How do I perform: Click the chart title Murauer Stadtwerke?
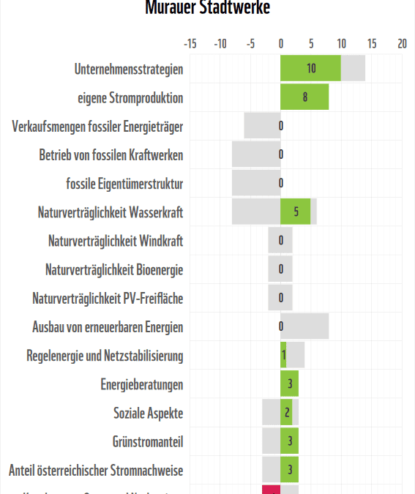[x=207, y=8]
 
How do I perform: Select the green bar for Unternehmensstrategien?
[x=310, y=69]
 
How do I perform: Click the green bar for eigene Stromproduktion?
[x=304, y=97]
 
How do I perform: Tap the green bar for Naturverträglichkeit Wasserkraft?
[x=295, y=212]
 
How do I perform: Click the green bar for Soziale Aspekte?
[x=286, y=413]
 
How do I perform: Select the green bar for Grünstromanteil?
[x=289, y=441]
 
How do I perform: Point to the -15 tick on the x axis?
[x=190, y=44]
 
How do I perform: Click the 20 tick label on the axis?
[x=402, y=44]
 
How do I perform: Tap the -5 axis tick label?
[x=250, y=44]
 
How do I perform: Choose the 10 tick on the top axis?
[x=341, y=44]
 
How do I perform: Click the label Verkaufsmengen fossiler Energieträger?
[x=97, y=127]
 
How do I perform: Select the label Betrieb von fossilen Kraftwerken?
[x=111, y=155]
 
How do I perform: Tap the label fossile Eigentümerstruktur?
[x=124, y=184]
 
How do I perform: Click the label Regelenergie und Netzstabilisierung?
[x=105, y=356]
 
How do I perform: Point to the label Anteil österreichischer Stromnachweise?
[x=96, y=470]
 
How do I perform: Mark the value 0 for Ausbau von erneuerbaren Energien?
[x=281, y=327]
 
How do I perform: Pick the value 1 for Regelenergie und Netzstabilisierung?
[x=284, y=356]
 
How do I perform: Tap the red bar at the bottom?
[x=271, y=489]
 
